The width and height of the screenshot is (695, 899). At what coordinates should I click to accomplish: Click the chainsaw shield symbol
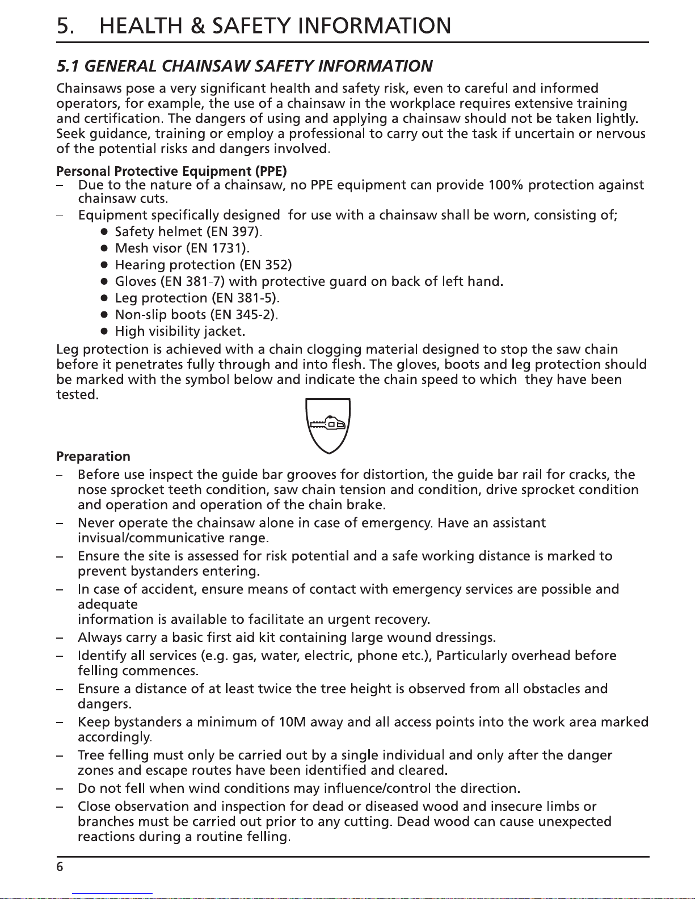click(328, 425)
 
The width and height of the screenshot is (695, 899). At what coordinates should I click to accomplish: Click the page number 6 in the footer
click(60, 867)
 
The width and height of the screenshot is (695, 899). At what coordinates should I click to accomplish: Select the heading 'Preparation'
click(93, 457)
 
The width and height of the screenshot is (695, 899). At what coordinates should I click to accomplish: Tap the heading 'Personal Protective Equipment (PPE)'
click(171, 171)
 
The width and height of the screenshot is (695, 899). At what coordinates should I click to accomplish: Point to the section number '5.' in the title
click(66, 26)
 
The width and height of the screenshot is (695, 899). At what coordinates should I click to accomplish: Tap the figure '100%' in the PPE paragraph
click(505, 185)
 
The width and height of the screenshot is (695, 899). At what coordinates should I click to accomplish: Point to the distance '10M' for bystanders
click(293, 723)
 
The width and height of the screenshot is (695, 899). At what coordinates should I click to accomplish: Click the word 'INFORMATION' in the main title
click(374, 26)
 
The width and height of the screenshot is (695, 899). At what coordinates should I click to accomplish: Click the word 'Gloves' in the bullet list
click(136, 282)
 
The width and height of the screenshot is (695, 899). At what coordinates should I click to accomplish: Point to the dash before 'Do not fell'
click(60, 789)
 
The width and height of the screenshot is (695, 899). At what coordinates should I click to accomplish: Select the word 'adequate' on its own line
click(107, 605)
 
